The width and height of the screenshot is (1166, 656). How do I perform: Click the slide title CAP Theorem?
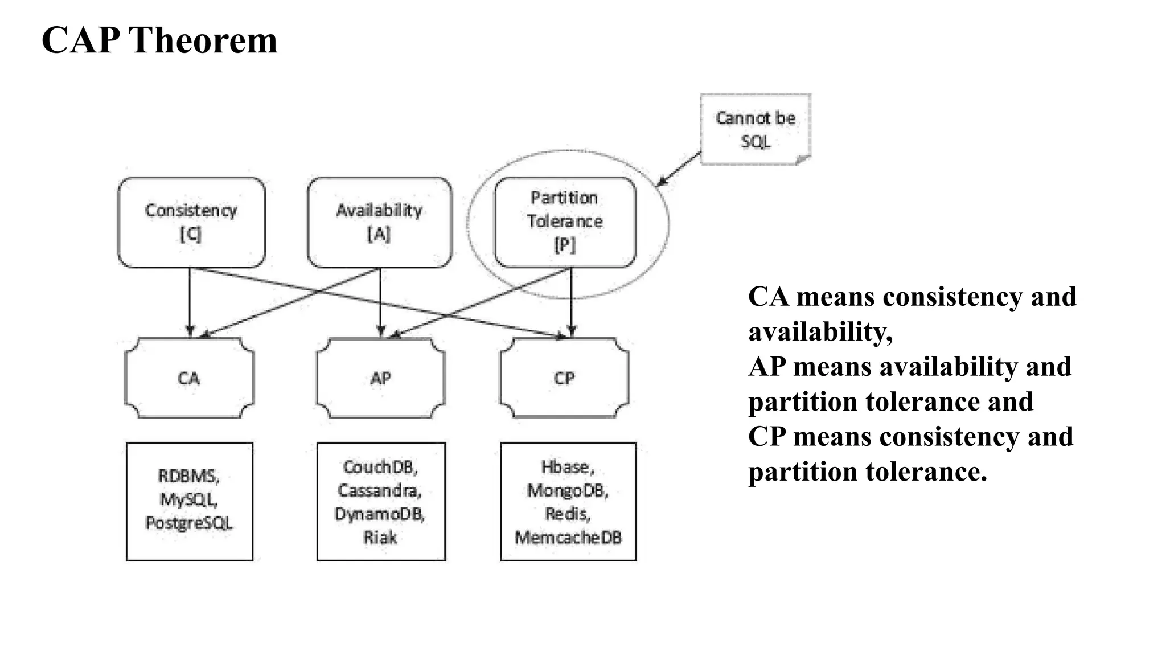159,41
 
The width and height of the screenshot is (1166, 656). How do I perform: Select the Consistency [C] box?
191,222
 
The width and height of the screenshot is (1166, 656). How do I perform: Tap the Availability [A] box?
380,222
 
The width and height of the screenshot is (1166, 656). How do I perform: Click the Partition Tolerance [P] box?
565,222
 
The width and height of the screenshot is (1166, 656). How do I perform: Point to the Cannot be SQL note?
756,130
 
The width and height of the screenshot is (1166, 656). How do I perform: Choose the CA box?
189,378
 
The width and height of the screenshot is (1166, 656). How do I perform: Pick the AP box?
381,378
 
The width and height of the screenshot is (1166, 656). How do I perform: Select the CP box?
564,378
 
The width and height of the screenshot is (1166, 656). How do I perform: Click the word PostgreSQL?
189,523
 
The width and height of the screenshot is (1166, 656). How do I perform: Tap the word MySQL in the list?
188,499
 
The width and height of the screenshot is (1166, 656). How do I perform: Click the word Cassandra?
379,490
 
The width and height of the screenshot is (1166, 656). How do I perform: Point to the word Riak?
380,537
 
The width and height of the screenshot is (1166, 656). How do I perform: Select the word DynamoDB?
380,514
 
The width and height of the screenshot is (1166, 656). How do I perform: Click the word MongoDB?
567,490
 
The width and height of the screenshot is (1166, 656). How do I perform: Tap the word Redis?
567,514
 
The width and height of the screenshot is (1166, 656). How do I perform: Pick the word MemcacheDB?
568,537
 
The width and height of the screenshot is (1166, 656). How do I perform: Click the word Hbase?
567,467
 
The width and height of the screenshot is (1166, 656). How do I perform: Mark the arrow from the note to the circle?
679,169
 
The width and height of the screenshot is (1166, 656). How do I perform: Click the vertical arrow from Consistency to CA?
190,302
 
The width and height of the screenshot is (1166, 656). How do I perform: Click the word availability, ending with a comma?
820,332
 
